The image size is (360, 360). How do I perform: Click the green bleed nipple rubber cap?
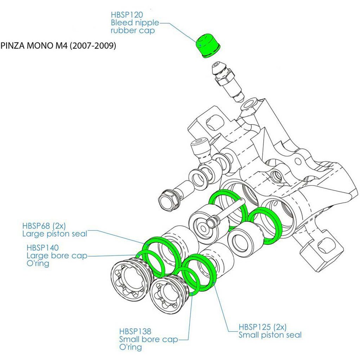(x=207, y=45)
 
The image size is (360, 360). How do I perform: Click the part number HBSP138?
(x=135, y=331)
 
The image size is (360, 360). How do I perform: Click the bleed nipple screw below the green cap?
(x=227, y=81)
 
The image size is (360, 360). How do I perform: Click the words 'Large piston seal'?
(x=54, y=233)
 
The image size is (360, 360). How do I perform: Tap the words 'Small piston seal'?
(x=270, y=335)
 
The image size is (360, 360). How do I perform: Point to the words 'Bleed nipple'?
(x=135, y=22)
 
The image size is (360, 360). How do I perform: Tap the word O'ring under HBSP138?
(x=130, y=347)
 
